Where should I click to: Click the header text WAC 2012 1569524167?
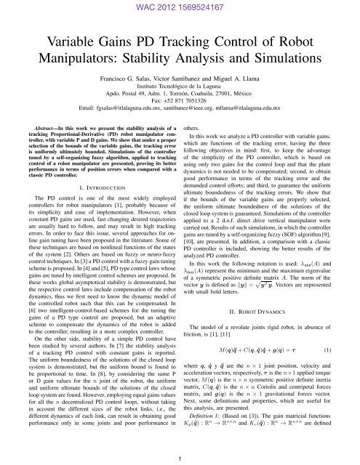pyautogui.click(x=180, y=7)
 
